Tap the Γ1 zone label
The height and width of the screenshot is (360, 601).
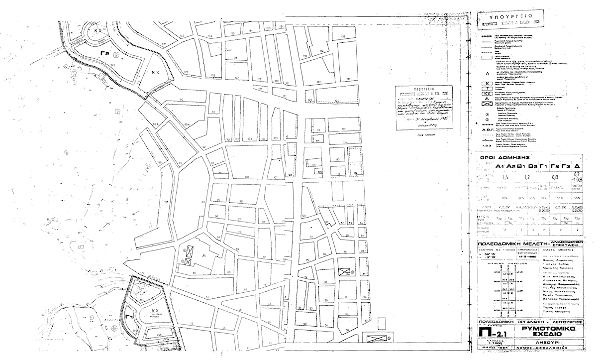tap(129, 316)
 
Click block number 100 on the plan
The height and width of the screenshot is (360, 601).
tap(246, 177)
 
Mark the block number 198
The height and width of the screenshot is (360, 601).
tap(166, 202)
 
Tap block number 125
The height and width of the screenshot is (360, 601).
tap(187, 72)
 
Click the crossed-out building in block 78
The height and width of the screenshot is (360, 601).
tap(344, 271)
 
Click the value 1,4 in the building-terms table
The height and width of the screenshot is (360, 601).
tap(506, 177)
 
